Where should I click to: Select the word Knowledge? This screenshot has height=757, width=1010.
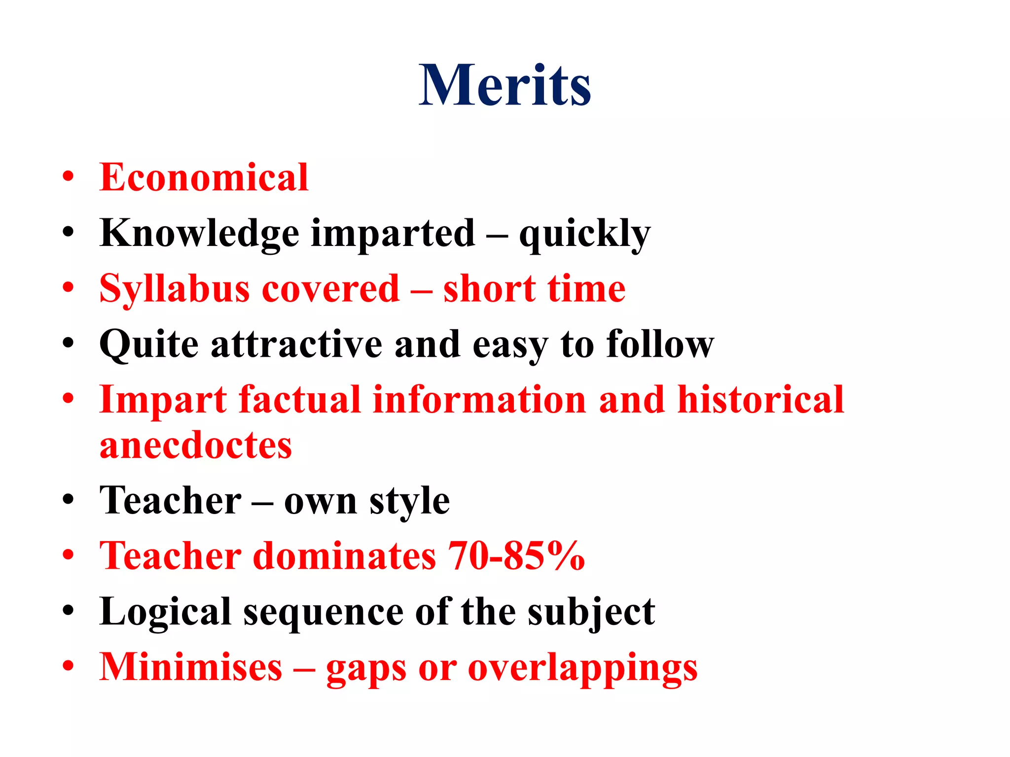[199, 234]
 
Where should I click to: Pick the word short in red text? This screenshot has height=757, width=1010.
[489, 289]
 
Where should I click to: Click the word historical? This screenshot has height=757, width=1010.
[761, 400]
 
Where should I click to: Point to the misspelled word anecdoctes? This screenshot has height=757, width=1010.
[196, 446]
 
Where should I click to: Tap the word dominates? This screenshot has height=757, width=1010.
[345, 556]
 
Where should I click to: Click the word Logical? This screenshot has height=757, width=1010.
[165, 613]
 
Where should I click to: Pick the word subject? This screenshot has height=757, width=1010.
[591, 613]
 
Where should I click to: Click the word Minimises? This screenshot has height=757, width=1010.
[191, 667]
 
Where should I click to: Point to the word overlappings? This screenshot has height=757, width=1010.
[582, 669]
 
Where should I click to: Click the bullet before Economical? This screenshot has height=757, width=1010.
[68, 176]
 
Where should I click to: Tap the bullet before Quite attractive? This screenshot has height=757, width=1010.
[68, 343]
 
